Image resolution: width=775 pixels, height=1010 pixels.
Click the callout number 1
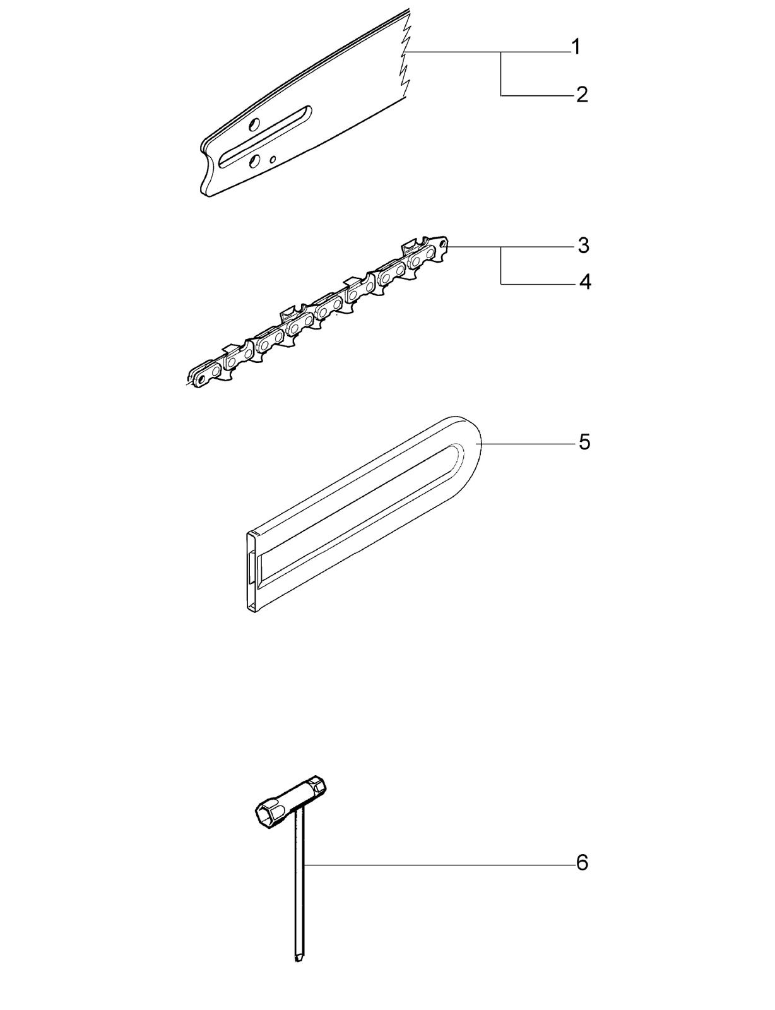[x=576, y=47]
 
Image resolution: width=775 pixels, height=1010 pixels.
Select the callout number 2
[x=582, y=95]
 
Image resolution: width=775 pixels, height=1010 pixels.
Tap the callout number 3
[x=584, y=246]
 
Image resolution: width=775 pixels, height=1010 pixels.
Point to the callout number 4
[x=586, y=282]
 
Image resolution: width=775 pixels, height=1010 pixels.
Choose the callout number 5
[x=584, y=442]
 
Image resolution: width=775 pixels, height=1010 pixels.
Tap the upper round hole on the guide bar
[x=254, y=124]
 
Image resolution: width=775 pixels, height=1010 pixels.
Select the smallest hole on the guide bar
[x=273, y=160]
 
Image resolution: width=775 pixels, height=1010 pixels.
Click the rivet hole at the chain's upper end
[x=444, y=242]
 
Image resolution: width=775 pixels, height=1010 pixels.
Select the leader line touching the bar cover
[x=529, y=444]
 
